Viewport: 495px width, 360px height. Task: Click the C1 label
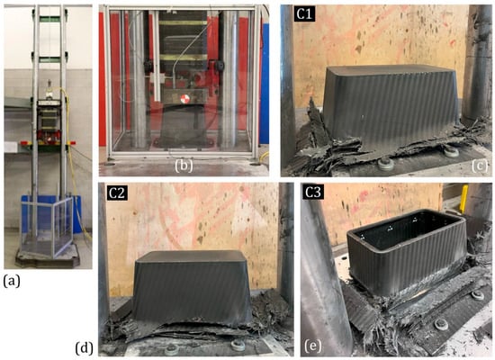pos(304,14)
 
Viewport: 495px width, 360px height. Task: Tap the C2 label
pos(117,193)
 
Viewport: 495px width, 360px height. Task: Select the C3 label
pos(313,193)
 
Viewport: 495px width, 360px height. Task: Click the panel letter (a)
pos(12,281)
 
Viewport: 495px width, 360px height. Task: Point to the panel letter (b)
pos(184,166)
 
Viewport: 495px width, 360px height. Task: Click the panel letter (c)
pos(480,166)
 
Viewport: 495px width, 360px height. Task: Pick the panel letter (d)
pos(84,348)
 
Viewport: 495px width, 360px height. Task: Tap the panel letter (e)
pos(313,346)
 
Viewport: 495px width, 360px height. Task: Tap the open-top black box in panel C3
pos(407,247)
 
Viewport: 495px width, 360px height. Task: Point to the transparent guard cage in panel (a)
pos(47,226)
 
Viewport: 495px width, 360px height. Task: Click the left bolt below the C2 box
pos(171,349)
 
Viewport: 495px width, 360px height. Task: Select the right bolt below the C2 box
pos(235,346)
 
